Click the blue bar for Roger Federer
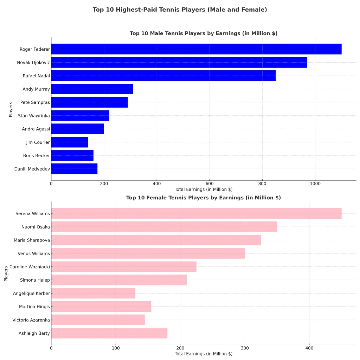point(196,49)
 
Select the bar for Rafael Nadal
point(163,76)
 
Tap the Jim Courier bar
point(70,142)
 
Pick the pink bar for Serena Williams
point(196,213)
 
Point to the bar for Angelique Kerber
point(93,293)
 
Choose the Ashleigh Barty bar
point(109,333)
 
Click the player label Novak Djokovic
point(33,63)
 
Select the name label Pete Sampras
point(35,102)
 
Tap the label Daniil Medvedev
point(32,169)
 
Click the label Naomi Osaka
point(36,227)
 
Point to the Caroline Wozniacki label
point(30,267)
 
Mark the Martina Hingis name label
point(34,307)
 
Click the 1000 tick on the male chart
point(315,184)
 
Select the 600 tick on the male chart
point(210,184)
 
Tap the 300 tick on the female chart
point(245,348)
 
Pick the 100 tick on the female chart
point(116,348)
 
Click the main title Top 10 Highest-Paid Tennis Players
point(180,10)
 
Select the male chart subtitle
point(204,33)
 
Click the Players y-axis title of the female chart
point(6,274)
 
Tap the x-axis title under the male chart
point(204,189)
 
